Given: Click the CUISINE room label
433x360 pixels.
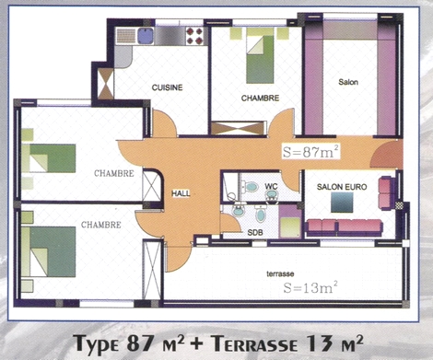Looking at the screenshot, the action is point(167,87).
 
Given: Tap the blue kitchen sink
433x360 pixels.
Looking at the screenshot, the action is point(146,36).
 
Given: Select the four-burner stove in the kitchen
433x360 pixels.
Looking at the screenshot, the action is point(194,36).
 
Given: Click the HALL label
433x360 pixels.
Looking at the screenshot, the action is point(181,193).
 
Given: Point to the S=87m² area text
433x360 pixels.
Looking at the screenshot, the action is point(311,152).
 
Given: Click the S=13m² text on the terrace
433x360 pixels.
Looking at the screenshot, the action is point(310,287).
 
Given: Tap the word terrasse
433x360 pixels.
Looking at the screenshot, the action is point(280,273).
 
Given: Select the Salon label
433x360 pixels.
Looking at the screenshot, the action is point(348,82).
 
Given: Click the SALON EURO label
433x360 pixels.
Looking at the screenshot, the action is point(342,187).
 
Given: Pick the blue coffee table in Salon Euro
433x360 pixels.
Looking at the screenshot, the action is point(342,203).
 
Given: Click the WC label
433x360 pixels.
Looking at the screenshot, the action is point(271,186).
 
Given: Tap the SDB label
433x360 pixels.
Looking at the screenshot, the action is point(255,233).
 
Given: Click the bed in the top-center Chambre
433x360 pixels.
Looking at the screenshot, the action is point(260,60).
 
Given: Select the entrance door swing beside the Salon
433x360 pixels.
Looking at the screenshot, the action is point(386,156).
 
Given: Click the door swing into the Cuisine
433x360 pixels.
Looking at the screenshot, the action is point(165,123).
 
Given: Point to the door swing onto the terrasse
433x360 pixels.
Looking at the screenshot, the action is point(178,257).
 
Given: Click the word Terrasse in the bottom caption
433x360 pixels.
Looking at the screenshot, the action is point(254,343).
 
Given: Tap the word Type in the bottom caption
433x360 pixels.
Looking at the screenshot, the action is point(97,343).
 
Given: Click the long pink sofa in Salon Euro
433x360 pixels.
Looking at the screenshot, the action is point(345,227).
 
